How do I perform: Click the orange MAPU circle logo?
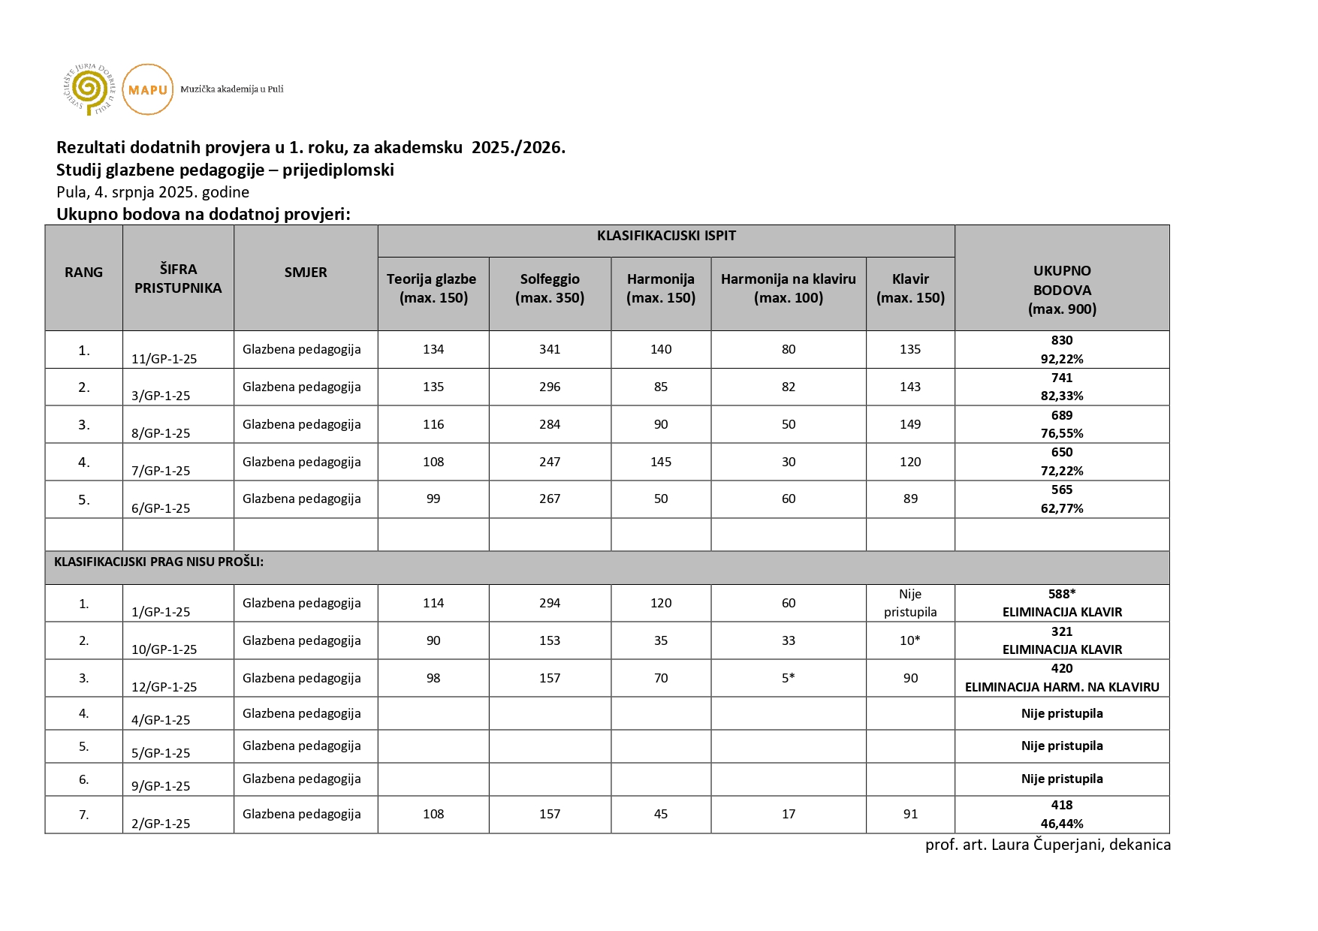tap(147, 89)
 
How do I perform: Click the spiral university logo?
tap(89, 89)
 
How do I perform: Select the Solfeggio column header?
tap(550, 288)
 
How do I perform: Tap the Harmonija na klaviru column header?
tap(788, 288)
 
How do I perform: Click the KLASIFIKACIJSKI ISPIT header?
tap(666, 236)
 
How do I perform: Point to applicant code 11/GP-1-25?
tap(164, 359)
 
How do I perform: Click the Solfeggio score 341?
tap(550, 349)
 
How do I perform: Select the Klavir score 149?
tap(910, 424)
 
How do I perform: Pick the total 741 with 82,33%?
tap(1062, 387)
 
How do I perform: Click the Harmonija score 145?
tap(661, 462)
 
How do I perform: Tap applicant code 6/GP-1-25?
tap(161, 508)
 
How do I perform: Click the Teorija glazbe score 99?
tap(433, 499)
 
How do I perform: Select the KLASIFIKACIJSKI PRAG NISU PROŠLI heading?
tap(158, 562)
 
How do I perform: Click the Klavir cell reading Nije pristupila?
tap(910, 603)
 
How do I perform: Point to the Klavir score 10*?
tap(910, 640)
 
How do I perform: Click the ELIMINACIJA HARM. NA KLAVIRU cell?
tap(1062, 678)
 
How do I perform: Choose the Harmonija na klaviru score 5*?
tap(788, 678)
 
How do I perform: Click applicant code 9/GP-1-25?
tap(161, 786)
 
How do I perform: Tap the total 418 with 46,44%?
tap(1062, 814)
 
